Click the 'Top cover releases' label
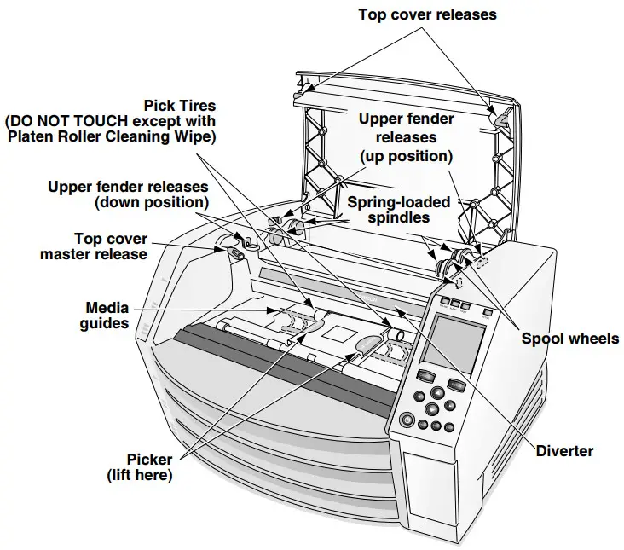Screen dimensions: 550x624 426,14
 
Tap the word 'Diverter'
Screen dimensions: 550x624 564,451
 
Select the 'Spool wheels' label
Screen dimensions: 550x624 570,339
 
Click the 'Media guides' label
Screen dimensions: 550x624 107,315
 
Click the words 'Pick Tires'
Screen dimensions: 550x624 180,107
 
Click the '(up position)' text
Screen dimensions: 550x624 405,157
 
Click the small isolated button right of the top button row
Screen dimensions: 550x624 487,311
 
